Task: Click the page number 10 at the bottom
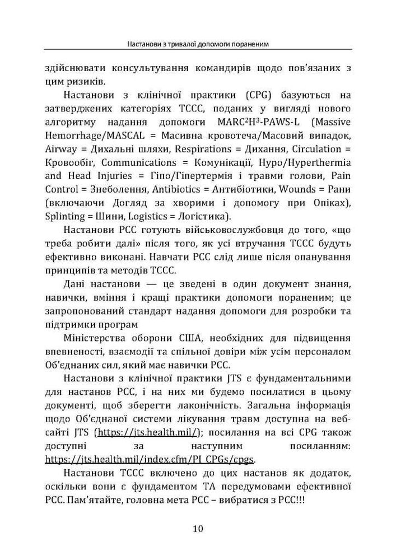tap(198, 528)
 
